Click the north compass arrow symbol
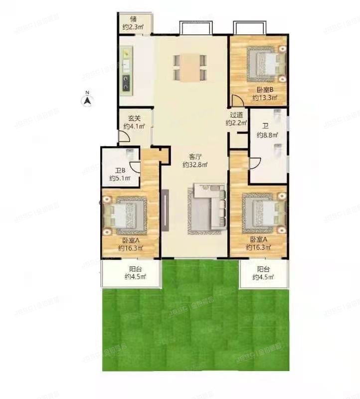click(88, 100)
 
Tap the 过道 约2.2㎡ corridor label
click(236, 118)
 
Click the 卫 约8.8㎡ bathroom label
click(267, 131)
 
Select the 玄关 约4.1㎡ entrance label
click(134, 122)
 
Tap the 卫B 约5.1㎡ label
click(120, 174)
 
